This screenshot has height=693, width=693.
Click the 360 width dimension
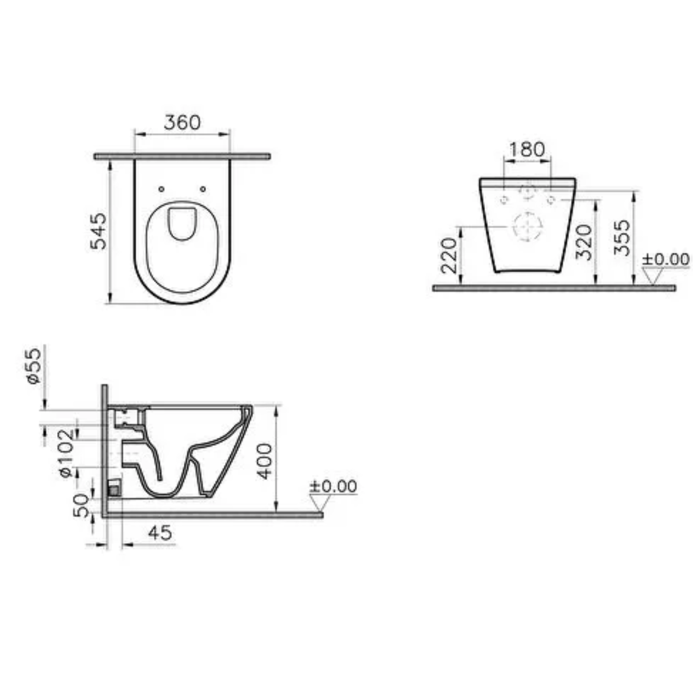[182, 123]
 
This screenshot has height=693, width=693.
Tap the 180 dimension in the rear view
[527, 149]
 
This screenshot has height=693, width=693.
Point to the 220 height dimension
[449, 255]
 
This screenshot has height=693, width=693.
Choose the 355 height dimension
[622, 237]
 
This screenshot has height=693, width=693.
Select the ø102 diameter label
[67, 453]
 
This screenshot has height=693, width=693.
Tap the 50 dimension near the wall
[82, 505]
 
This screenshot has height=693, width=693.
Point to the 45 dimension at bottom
[161, 533]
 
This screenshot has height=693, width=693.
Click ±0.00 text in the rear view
[666, 259]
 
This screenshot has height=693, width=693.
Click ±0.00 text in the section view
[333, 486]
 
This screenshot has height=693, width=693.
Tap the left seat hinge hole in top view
[161, 189]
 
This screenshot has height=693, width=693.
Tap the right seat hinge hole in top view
[203, 189]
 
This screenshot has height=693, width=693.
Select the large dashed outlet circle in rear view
[527, 226]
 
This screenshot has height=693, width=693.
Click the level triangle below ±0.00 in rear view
[653, 276]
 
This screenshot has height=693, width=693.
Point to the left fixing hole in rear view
[504, 200]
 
